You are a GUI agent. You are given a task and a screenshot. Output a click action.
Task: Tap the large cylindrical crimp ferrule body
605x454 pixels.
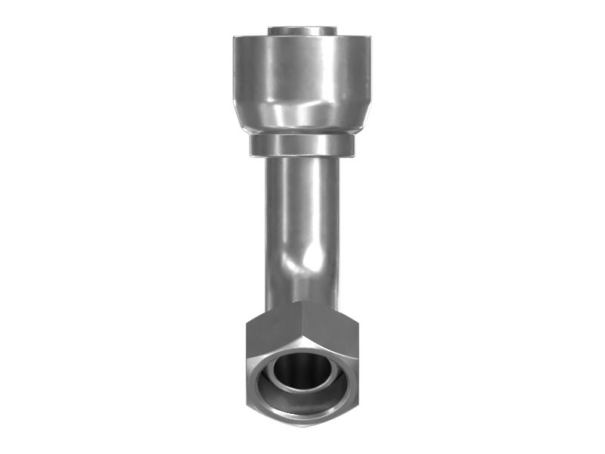tap(302, 72)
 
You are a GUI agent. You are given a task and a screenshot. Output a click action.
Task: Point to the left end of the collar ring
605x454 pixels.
tap(253, 145)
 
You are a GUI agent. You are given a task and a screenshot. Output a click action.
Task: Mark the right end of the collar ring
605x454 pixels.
tap(351, 145)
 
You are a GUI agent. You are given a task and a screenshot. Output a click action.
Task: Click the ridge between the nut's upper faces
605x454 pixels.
tap(302, 314)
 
